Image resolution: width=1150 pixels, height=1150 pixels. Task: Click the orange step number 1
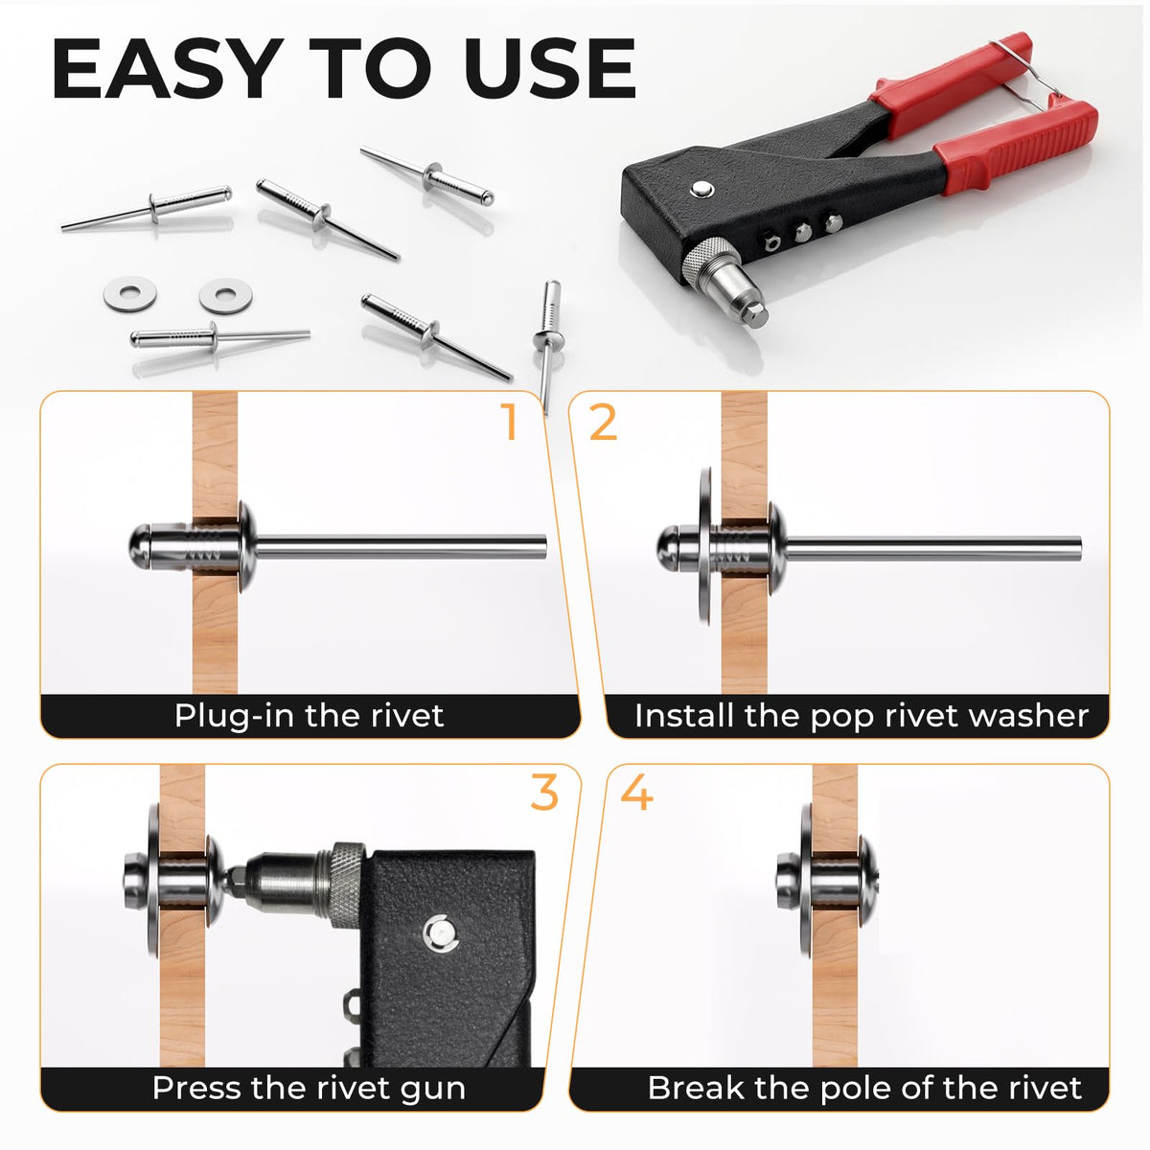click(509, 422)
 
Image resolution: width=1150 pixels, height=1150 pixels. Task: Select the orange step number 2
click(603, 422)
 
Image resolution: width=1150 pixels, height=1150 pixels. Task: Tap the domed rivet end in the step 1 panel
click(140, 546)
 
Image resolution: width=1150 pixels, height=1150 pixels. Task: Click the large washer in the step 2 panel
click(704, 546)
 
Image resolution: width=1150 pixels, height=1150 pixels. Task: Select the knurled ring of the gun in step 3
click(347, 885)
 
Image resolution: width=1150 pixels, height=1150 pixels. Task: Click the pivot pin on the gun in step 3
click(440, 933)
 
